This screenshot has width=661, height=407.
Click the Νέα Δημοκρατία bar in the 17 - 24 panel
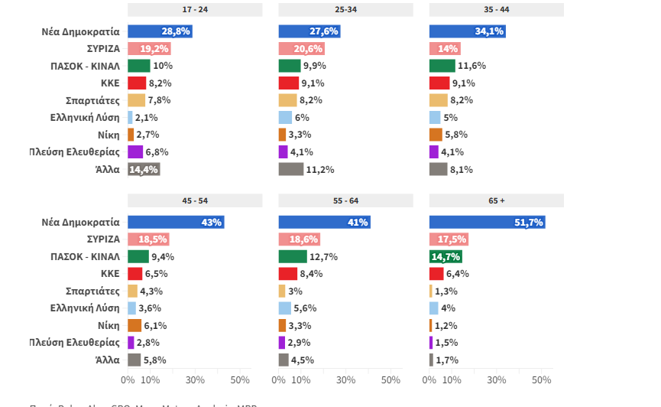point(159,31)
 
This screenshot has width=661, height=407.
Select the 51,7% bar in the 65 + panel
point(487,223)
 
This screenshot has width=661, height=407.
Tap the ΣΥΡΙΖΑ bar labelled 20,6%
point(301,49)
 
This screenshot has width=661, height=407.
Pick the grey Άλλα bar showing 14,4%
point(143,170)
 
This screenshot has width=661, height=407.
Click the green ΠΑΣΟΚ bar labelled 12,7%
point(292,257)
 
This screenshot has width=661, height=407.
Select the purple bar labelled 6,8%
point(134,152)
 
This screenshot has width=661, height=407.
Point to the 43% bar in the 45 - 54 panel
point(175,223)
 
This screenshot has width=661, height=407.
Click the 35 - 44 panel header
point(497,10)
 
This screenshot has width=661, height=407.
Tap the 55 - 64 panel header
point(345,200)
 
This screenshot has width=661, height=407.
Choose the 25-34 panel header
point(345,10)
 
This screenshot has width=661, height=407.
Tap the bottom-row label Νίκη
point(108,325)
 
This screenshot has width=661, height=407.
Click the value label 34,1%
point(490,31)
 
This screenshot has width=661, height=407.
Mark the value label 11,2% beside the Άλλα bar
point(320,170)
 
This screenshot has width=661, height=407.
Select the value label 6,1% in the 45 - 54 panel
point(155,325)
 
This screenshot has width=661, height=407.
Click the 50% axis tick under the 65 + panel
point(542,380)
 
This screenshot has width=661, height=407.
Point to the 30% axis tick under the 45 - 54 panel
point(195,380)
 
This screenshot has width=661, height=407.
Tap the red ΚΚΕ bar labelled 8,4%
point(287,274)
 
